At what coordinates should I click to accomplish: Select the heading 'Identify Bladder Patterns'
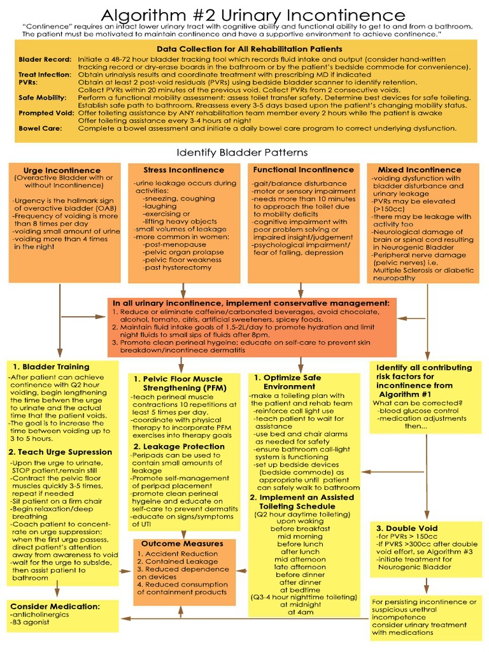coord(242,152)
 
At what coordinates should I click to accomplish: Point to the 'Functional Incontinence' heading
coord(303,170)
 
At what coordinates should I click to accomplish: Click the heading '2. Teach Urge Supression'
coord(60,452)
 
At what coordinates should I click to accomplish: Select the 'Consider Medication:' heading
coord(55,606)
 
